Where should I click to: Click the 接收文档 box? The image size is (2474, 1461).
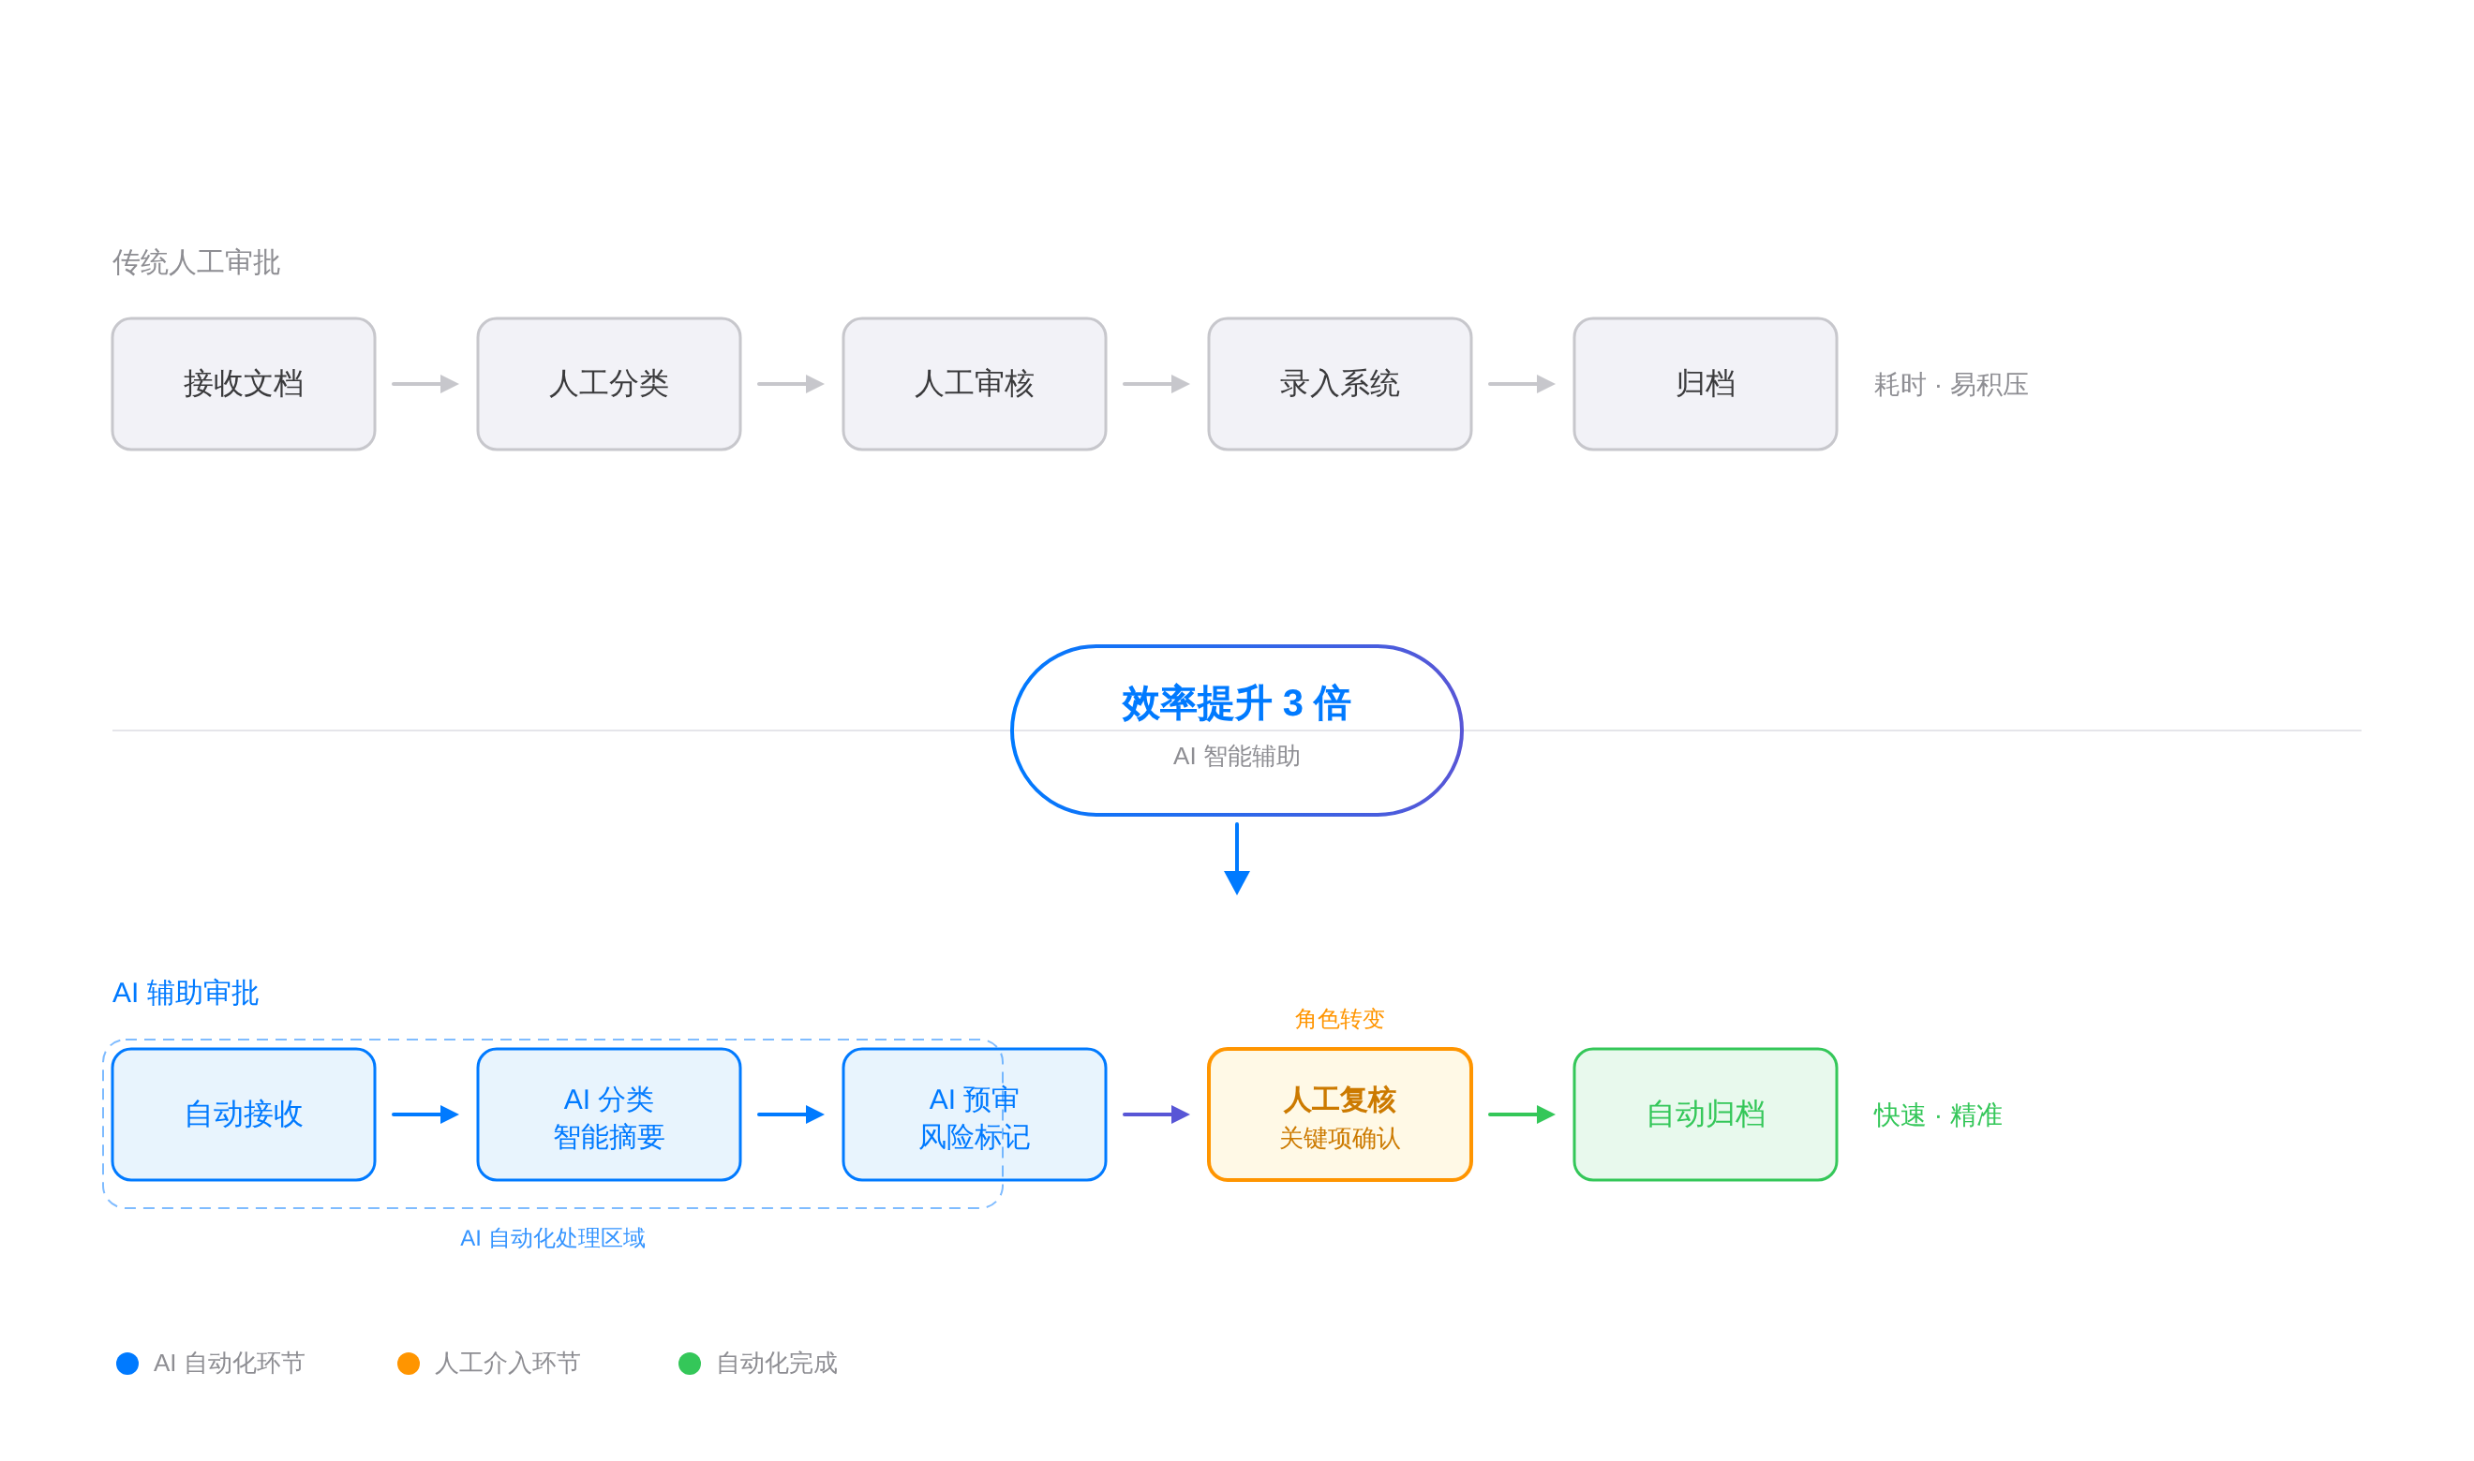tap(244, 384)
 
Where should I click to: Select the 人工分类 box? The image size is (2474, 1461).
tap(608, 384)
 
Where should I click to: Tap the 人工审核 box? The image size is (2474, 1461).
tap(974, 384)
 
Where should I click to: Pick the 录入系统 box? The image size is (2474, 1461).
tap(1339, 384)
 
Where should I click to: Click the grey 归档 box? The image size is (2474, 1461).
tap(1705, 384)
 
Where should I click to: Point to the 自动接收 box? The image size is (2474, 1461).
tap(244, 1114)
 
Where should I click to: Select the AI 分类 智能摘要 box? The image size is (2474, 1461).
tap(608, 1114)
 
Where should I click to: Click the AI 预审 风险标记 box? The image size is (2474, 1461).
tap(974, 1114)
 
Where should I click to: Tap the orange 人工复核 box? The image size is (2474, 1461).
tap(1339, 1114)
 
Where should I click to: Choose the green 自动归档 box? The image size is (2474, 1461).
tap(1705, 1114)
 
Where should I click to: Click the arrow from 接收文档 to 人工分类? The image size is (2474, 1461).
tap(425, 384)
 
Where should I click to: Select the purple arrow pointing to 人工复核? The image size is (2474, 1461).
tap(1156, 1114)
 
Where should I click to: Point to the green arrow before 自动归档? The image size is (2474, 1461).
tap(1522, 1114)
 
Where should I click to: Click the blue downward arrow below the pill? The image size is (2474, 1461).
tap(1237, 862)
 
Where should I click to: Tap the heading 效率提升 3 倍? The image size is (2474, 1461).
tap(1236, 703)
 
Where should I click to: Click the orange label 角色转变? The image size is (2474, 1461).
tap(1339, 1019)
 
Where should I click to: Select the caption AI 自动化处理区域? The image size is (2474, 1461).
tap(553, 1238)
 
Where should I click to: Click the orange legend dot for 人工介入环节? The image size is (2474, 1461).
tap(408, 1364)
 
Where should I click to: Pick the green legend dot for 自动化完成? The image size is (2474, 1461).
tap(690, 1364)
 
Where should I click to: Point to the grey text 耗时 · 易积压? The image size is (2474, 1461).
tap(1950, 385)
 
